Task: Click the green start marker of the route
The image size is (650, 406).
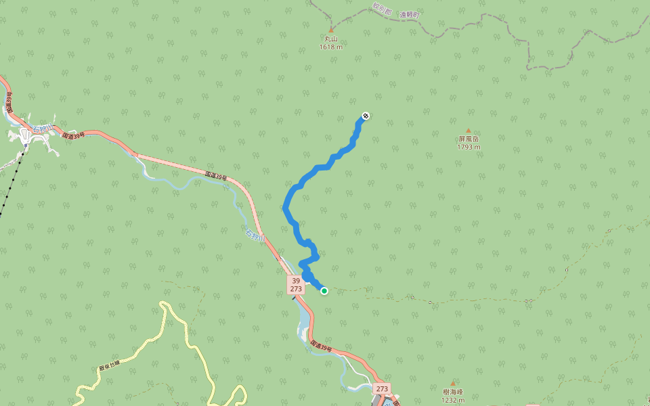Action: pyautogui.click(x=324, y=291)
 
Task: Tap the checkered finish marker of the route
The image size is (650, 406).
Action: pyautogui.click(x=366, y=116)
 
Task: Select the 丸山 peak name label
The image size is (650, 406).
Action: pyautogui.click(x=331, y=39)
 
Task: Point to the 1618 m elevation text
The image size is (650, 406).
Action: pyautogui.click(x=331, y=47)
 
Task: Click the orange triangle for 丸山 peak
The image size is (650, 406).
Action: pyautogui.click(x=331, y=30)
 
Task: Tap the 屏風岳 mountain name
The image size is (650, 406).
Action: pyautogui.click(x=468, y=139)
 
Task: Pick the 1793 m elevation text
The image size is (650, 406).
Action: pyautogui.click(x=468, y=147)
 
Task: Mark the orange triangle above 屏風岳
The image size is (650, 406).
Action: pyautogui.click(x=468, y=131)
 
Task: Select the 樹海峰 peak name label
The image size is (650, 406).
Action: pyautogui.click(x=453, y=392)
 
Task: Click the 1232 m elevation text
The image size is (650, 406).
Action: pyautogui.click(x=453, y=400)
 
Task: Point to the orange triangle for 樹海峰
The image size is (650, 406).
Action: pyautogui.click(x=453, y=383)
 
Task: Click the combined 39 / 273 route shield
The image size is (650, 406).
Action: pyautogui.click(x=296, y=284)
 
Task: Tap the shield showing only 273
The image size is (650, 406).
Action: pyautogui.click(x=382, y=389)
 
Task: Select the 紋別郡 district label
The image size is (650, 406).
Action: pyautogui.click(x=382, y=9)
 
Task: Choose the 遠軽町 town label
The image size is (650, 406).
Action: pyautogui.click(x=410, y=14)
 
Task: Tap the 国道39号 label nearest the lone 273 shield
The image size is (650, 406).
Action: pyautogui.click(x=322, y=346)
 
